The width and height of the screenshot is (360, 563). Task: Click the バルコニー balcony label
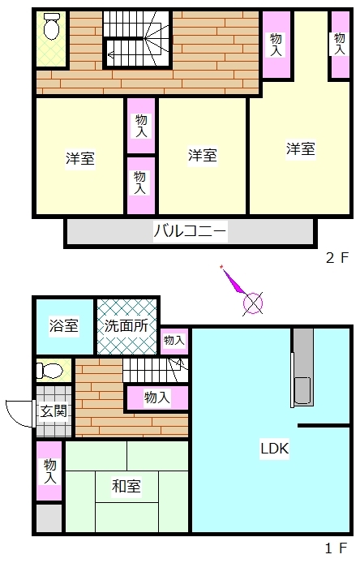(x=190, y=230)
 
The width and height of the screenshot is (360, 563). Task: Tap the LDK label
(x=275, y=448)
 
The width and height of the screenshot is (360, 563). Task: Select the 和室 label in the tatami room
(x=126, y=486)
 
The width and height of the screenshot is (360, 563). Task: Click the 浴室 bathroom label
(x=64, y=325)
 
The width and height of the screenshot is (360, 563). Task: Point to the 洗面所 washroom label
(x=126, y=325)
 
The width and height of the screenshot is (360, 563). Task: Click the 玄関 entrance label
(x=54, y=411)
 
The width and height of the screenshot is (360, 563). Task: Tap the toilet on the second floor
(x=52, y=26)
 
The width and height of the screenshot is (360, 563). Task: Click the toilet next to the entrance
(x=49, y=371)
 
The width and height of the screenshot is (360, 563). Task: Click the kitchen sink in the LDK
(x=302, y=390)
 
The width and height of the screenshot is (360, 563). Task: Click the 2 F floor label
(x=337, y=257)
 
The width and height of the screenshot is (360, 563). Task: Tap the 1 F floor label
(x=336, y=548)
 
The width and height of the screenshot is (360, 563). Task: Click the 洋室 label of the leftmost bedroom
(x=80, y=158)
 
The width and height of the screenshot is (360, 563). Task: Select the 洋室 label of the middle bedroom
(x=203, y=155)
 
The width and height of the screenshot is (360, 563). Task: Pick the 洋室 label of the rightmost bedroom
(x=301, y=148)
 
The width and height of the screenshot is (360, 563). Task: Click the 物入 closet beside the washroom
(x=174, y=341)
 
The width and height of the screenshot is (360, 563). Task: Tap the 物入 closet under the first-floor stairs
(x=156, y=398)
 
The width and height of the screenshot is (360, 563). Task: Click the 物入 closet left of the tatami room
(x=50, y=471)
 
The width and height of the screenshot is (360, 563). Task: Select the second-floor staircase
(x=137, y=39)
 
